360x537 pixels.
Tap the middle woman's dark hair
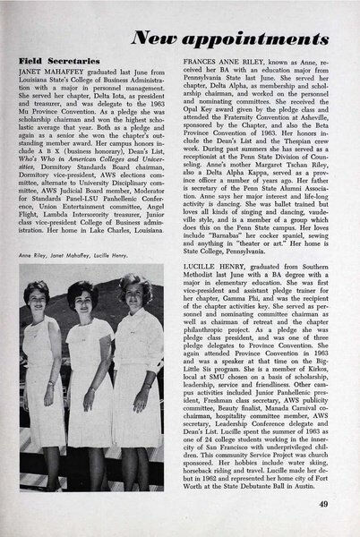99,301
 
